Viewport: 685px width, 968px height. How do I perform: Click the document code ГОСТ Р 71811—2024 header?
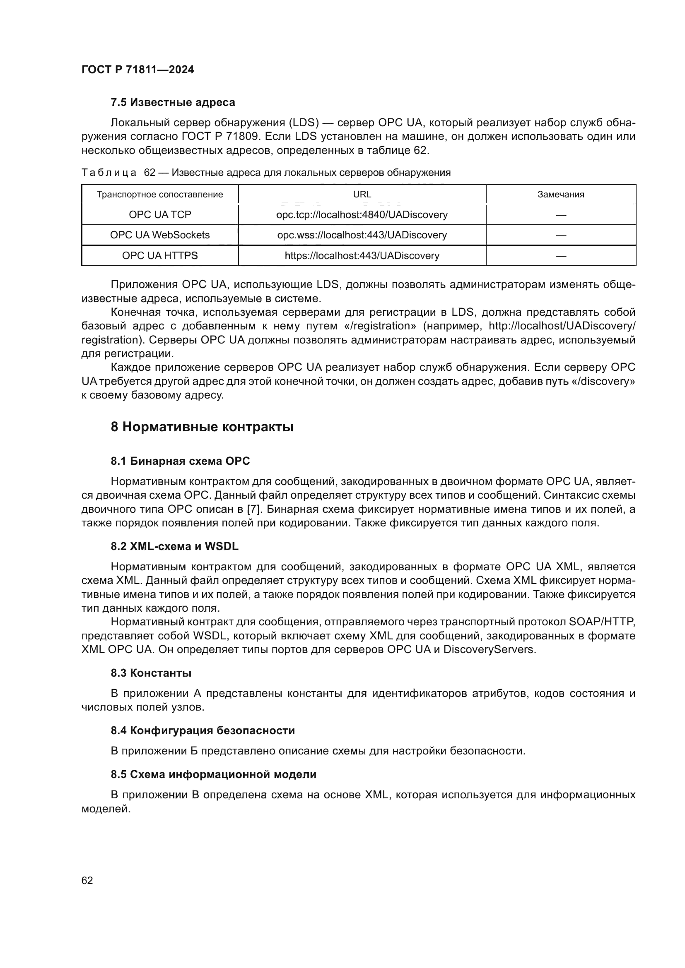[137, 70]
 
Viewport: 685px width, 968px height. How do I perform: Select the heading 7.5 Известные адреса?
[173, 103]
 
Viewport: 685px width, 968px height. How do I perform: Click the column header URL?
[362, 195]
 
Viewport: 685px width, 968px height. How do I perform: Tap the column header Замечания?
[561, 195]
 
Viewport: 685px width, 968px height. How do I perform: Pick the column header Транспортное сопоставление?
[160, 195]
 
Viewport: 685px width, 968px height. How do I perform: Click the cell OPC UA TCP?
[160, 215]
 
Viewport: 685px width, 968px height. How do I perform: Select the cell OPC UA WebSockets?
[160, 235]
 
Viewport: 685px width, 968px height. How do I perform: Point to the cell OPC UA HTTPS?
[160, 255]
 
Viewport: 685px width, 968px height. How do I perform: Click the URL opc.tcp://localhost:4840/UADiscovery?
[362, 215]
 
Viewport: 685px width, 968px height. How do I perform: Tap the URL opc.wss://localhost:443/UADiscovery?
[362, 235]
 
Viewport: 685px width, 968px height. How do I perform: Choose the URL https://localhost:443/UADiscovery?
[362, 255]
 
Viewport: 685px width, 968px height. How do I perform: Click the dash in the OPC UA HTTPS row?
[561, 255]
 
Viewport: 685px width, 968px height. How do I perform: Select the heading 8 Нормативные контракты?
[202, 427]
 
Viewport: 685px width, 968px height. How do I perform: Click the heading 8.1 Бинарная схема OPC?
[180, 461]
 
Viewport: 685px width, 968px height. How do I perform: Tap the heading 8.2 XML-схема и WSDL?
[175, 546]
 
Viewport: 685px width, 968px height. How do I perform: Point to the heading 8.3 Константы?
[151, 673]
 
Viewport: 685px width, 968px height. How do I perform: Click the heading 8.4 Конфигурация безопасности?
[203, 730]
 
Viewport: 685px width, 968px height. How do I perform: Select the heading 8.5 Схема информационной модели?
[213, 774]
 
